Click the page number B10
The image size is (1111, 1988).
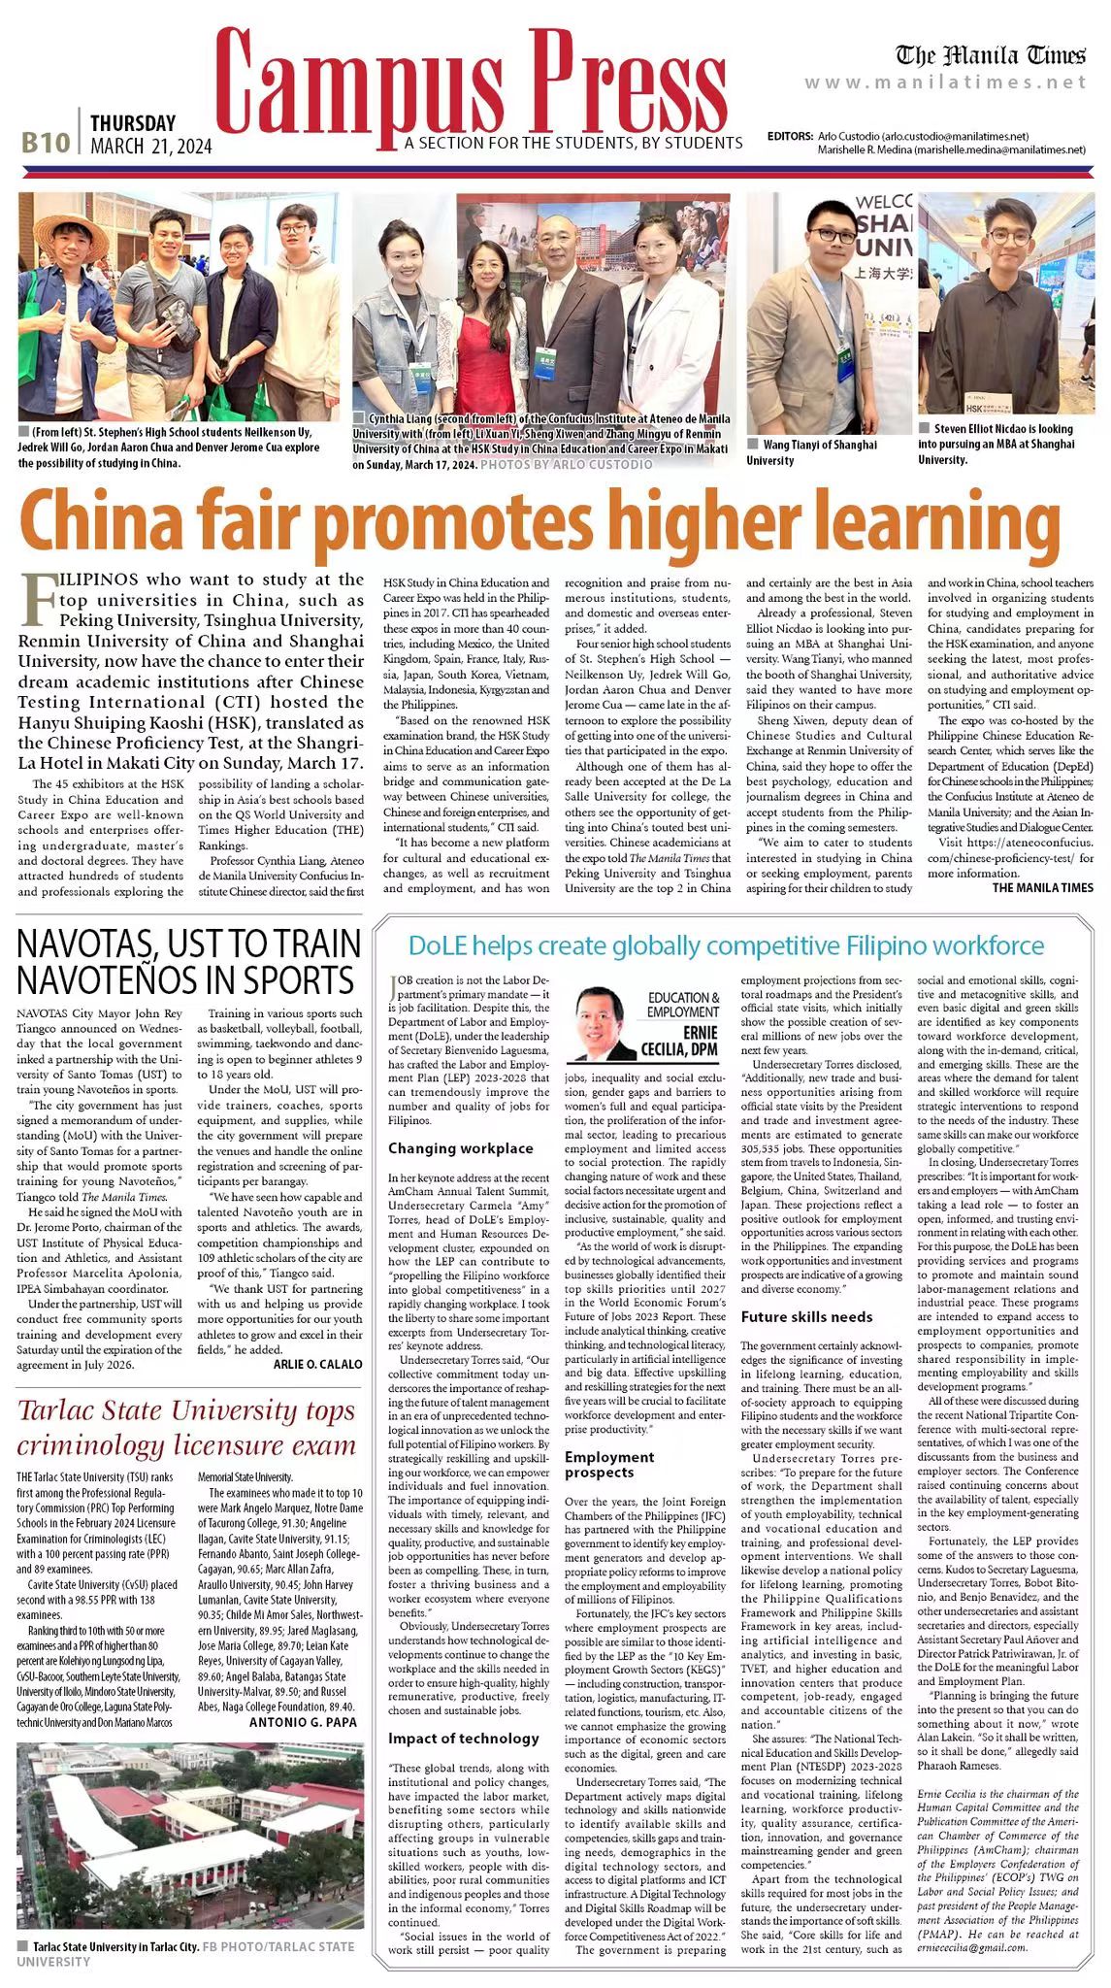point(46,143)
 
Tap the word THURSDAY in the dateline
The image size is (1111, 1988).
point(133,123)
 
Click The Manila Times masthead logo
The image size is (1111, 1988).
point(990,54)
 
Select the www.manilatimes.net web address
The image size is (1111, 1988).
point(945,83)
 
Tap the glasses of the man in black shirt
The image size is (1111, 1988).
point(1008,236)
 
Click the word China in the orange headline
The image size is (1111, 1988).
point(95,523)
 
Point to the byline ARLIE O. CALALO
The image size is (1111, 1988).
point(310,1364)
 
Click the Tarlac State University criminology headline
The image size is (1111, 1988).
point(186,1428)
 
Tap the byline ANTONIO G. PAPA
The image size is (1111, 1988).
point(303,1722)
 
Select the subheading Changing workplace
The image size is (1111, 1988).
point(460,1148)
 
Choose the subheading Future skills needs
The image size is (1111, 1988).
point(806,1317)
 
